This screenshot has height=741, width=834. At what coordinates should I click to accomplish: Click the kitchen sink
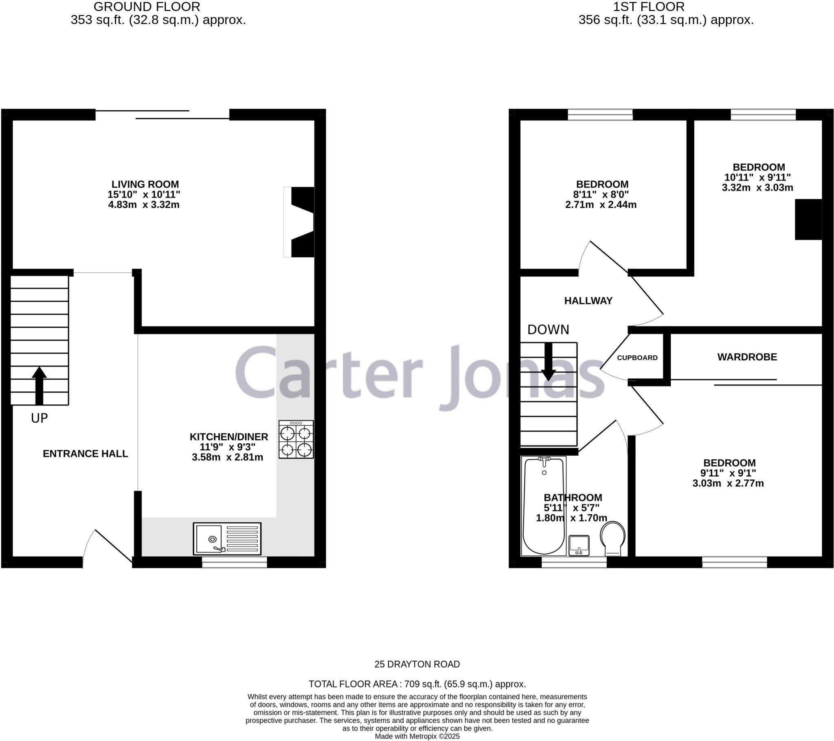pos(227,539)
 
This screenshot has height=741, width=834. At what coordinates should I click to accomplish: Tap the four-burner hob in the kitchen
pos(296,439)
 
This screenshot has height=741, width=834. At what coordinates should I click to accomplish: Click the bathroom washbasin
pos(579,546)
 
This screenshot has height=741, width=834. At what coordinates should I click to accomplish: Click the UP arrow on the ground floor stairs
pos(39,386)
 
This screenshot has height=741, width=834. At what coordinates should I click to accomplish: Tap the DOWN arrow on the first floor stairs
pos(549,362)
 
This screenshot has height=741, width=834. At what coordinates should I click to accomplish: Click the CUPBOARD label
pos(637,358)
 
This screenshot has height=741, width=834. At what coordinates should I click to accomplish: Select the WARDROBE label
pos(747,357)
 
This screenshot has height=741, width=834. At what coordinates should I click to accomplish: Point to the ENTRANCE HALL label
pos(85,454)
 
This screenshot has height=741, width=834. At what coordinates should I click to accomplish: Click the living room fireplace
pos(299,222)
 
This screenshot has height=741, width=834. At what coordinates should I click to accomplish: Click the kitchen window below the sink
pos(235,562)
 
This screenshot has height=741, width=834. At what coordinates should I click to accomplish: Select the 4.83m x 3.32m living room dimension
pos(144,205)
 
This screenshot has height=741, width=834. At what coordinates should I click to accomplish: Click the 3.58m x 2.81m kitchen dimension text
pos(227,457)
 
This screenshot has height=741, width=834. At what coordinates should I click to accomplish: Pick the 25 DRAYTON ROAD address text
pos(417,664)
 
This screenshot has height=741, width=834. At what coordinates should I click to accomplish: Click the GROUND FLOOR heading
pos(147,7)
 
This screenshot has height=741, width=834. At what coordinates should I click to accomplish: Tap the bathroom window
pos(574,562)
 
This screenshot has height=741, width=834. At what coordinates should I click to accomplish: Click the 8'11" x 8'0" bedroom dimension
pos(601,195)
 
